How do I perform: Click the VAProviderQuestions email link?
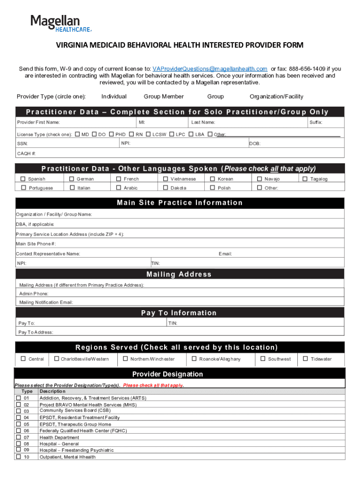click(x=210, y=69)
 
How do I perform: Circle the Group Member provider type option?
click(x=164, y=96)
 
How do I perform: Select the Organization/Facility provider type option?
click(x=276, y=96)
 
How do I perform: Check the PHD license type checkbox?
click(x=111, y=134)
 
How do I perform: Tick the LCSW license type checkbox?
click(x=148, y=134)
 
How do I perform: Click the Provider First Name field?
click(x=75, y=123)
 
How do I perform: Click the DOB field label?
click(x=255, y=144)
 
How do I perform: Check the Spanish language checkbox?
click(x=22, y=179)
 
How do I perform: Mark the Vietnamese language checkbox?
click(x=166, y=179)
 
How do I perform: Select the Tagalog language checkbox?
click(x=305, y=179)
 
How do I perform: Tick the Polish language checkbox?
click(x=213, y=188)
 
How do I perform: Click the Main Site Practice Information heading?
click(x=180, y=203)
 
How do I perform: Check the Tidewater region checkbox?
click(x=305, y=359)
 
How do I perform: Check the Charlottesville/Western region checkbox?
click(x=56, y=359)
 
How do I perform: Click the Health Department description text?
click(x=59, y=437)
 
